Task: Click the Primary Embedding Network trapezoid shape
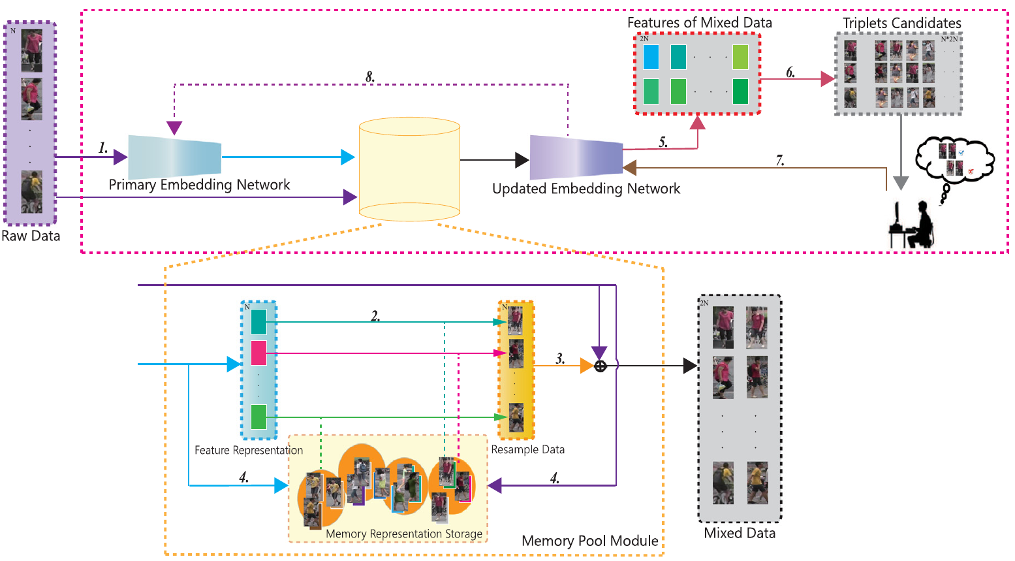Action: coord(175,157)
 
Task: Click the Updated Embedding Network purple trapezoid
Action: coord(576,157)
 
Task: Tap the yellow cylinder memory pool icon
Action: coord(409,169)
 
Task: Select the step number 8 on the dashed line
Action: coord(369,77)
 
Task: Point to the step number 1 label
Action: coord(102,148)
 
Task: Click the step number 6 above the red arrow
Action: coord(790,72)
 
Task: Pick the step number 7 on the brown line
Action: coord(779,160)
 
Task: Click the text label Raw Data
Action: coord(31,236)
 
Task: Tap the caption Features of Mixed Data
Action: coord(699,23)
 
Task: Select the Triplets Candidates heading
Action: coord(901,24)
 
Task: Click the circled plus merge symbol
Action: coord(601,366)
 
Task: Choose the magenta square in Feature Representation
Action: coord(258,353)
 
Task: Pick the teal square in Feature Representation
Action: coord(258,321)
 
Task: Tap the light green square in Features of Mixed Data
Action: coord(740,57)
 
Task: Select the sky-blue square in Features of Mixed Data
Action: coord(651,57)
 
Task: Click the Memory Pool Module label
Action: coord(589,541)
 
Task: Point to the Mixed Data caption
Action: coord(740,533)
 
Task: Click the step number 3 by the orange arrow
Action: coord(559,359)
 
